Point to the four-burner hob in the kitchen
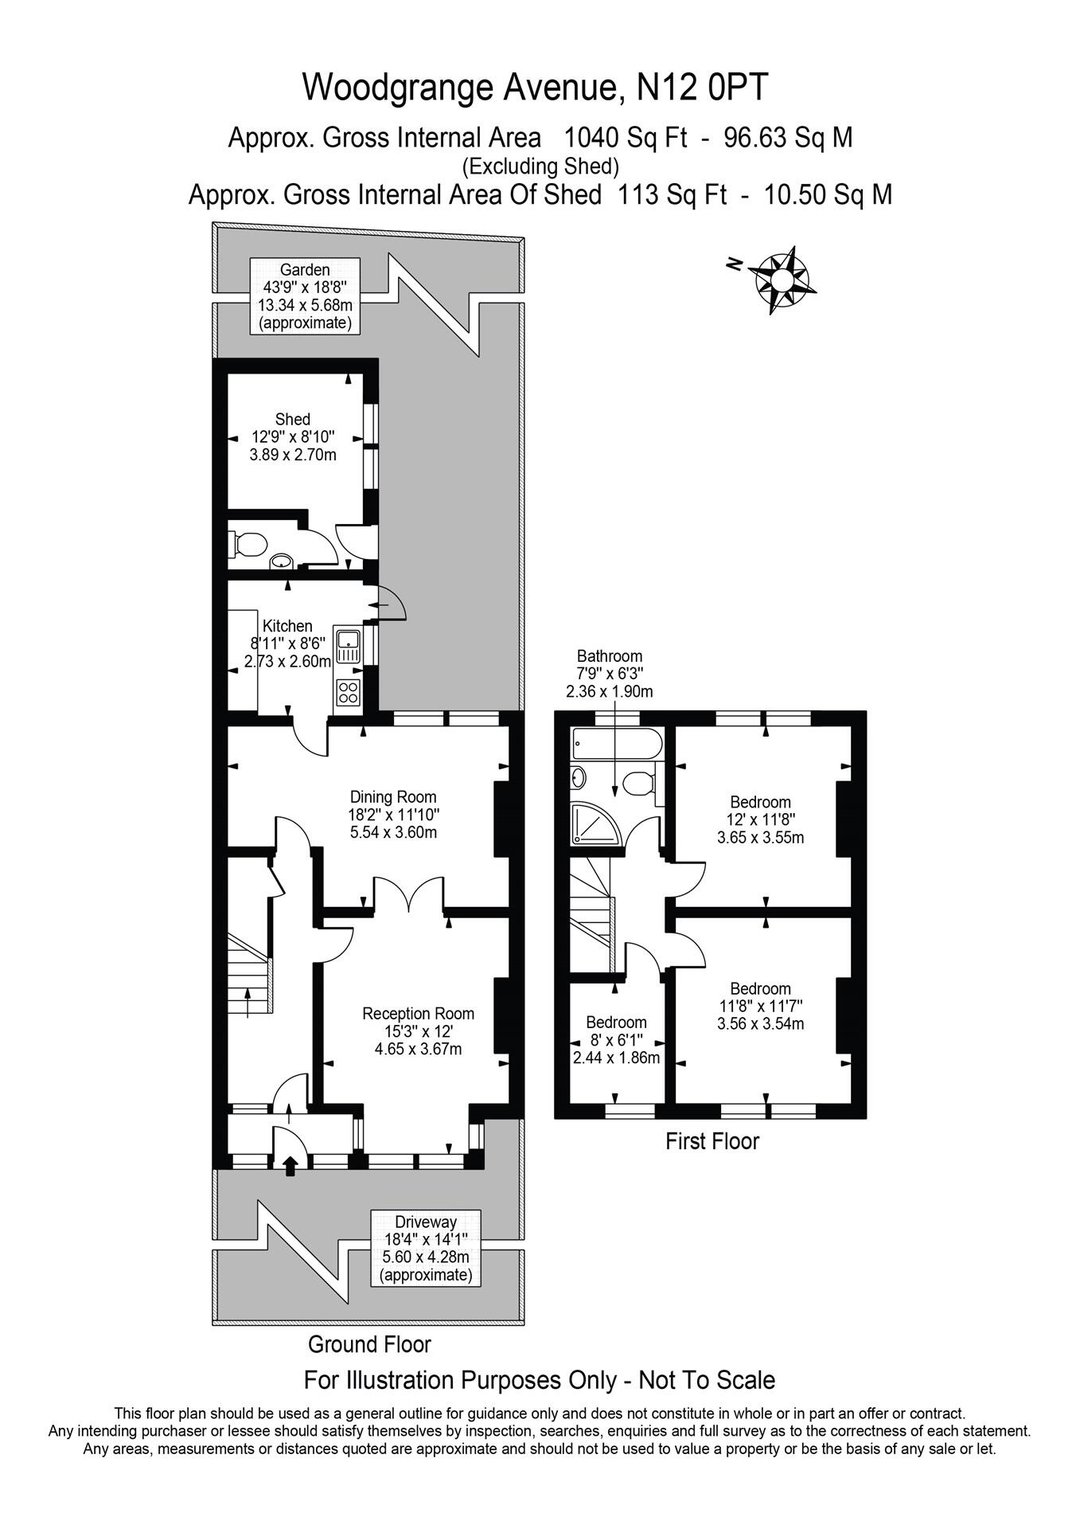(x=349, y=691)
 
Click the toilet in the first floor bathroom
(x=638, y=784)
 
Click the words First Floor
(x=712, y=1141)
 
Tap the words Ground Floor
(x=369, y=1344)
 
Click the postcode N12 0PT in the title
(x=704, y=88)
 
